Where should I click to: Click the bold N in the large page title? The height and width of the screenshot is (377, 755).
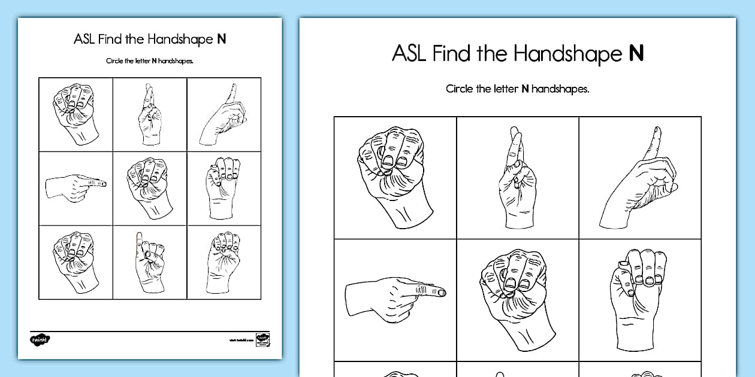click(636, 53)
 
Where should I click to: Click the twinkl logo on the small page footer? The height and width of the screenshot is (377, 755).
click(40, 339)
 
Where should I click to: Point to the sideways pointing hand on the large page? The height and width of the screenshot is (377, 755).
click(395, 296)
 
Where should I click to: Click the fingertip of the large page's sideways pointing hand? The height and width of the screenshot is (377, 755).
click(442, 292)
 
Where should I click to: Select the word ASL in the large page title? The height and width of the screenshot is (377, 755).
click(409, 53)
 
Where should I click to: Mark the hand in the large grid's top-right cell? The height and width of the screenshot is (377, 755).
click(639, 177)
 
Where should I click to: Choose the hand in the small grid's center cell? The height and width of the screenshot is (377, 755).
click(149, 188)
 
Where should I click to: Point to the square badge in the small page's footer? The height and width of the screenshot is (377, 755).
click(262, 339)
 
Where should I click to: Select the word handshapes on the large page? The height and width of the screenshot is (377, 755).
click(560, 89)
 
